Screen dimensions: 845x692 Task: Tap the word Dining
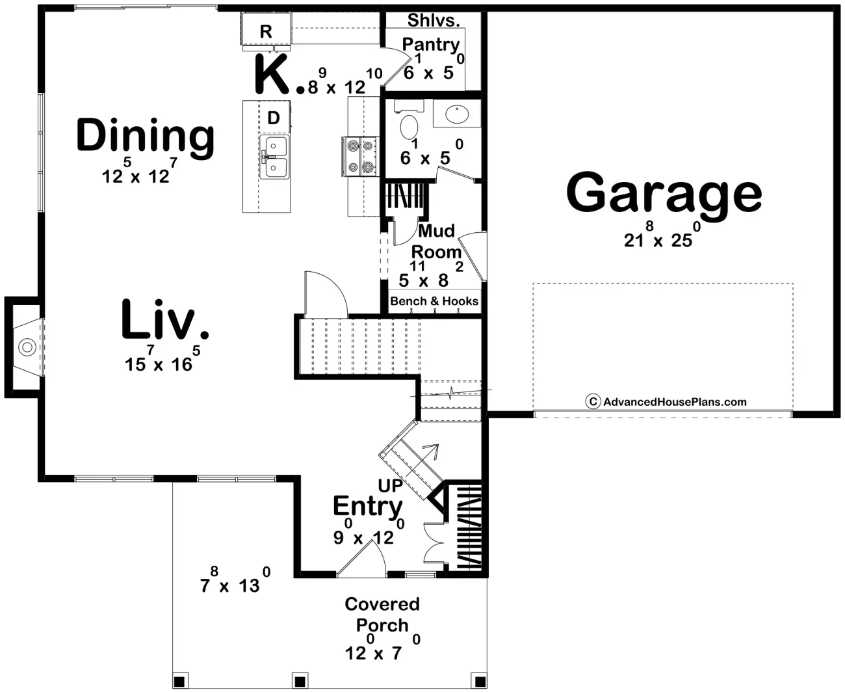pyautogui.click(x=145, y=137)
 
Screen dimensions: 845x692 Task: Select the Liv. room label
pyautogui.click(x=164, y=319)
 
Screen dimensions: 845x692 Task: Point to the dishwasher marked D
pyautogui.click(x=274, y=117)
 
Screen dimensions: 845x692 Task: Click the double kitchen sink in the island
pyautogui.click(x=274, y=157)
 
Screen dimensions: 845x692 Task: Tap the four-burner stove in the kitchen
pyautogui.click(x=360, y=156)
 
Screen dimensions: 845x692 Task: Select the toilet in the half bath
pyautogui.click(x=409, y=120)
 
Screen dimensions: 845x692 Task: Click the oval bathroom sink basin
pyautogui.click(x=457, y=114)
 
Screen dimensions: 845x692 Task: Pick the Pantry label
pyautogui.click(x=431, y=44)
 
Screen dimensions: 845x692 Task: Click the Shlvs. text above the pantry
pyautogui.click(x=434, y=20)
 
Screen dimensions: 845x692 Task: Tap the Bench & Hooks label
pyautogui.click(x=434, y=301)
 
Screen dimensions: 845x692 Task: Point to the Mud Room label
pyautogui.click(x=436, y=241)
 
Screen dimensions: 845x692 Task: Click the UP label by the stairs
pyautogui.click(x=390, y=486)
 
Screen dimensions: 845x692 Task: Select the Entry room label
pyautogui.click(x=368, y=507)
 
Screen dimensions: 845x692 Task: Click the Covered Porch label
pyautogui.click(x=382, y=615)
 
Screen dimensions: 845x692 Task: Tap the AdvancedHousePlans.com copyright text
pyautogui.click(x=666, y=402)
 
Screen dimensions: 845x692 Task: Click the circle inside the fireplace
pyautogui.click(x=27, y=347)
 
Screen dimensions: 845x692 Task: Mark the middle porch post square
pyautogui.click(x=299, y=681)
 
